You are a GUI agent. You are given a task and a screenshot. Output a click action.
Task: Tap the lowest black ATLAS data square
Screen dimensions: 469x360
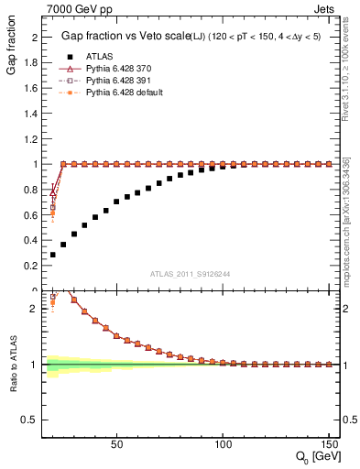(53, 255)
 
